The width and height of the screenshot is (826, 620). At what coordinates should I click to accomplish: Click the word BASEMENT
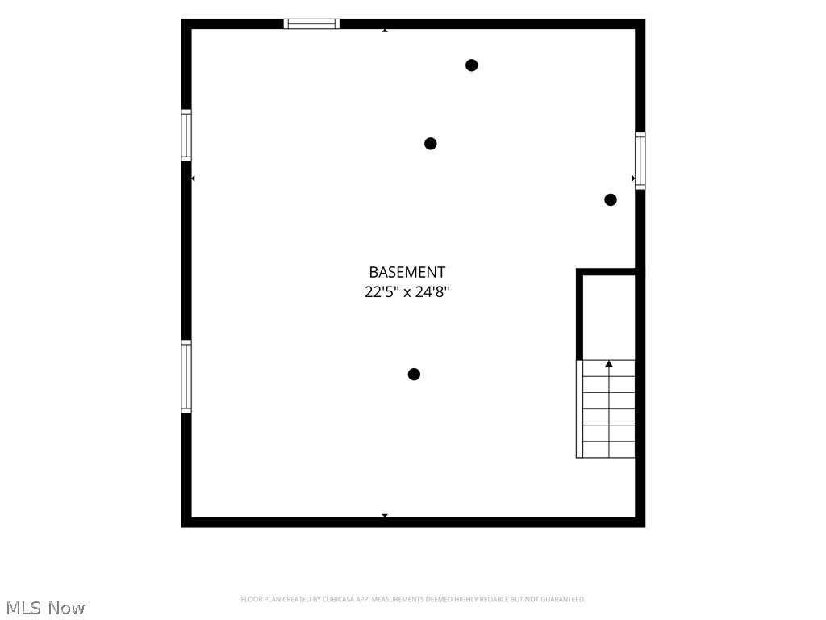coord(407,272)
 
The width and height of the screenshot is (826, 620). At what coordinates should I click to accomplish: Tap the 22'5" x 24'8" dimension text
coord(407,291)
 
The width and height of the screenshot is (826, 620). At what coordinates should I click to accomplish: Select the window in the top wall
coord(311,23)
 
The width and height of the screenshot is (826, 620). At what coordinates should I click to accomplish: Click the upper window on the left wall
coord(186,135)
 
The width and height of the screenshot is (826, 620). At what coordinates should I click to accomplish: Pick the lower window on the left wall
coord(186,376)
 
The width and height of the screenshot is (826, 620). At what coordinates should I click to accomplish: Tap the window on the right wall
coord(640,161)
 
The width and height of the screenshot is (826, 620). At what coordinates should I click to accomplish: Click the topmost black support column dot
coord(471,65)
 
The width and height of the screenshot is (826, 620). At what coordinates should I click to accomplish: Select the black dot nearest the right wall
coord(611,200)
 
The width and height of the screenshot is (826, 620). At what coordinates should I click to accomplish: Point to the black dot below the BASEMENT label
coord(414,375)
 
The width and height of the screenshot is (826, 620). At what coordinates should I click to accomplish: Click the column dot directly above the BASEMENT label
coord(431,144)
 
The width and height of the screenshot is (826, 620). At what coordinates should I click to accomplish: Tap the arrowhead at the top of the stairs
coord(609,364)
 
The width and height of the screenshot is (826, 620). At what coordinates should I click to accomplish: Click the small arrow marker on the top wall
coord(385,31)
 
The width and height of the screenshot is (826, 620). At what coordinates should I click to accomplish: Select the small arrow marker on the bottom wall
coord(385,515)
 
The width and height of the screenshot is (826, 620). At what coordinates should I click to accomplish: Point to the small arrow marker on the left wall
coord(193,178)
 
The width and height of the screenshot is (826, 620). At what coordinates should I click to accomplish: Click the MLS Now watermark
coord(45,608)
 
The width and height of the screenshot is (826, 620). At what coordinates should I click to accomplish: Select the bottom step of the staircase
coord(609,449)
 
